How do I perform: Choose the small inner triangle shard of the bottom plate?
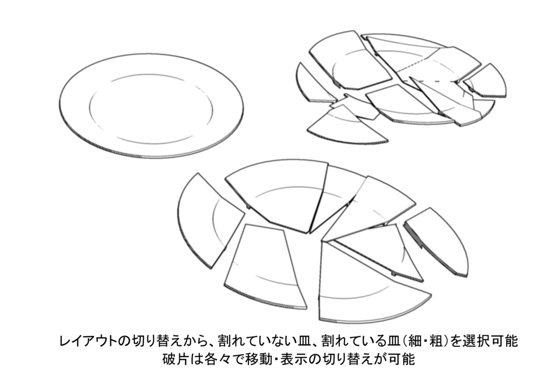tap(375, 247)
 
